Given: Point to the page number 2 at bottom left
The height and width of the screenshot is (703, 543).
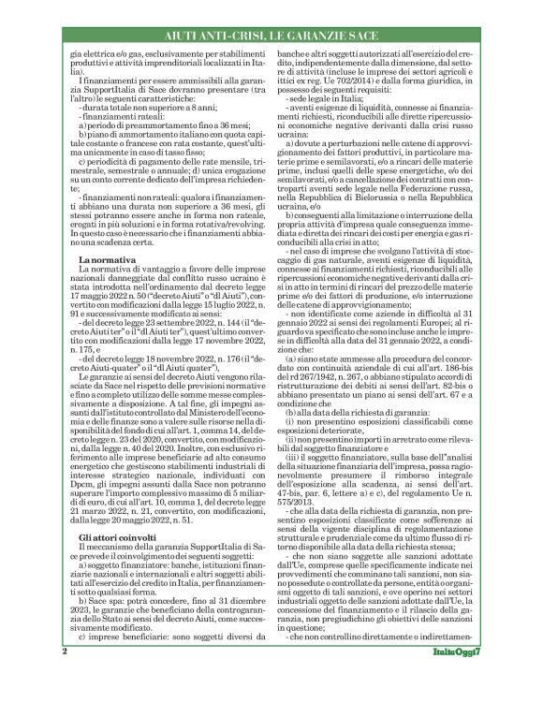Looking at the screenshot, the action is click(65, 677).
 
